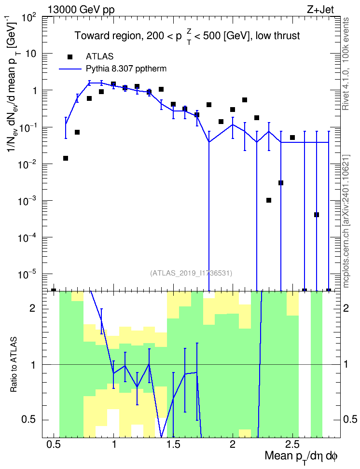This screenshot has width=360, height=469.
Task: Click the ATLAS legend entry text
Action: point(99,56)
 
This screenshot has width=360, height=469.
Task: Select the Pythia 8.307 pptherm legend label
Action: point(126,69)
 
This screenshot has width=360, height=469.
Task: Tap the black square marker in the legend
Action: point(70,57)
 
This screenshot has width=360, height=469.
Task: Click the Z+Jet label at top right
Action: point(320,10)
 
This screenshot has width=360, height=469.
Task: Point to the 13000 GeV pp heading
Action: point(81,10)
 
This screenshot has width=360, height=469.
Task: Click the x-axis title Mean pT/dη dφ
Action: point(301,456)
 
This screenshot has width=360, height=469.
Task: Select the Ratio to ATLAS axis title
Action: point(14,364)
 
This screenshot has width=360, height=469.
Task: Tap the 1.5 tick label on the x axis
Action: point(173,444)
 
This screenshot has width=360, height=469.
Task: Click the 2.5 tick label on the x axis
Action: point(292,444)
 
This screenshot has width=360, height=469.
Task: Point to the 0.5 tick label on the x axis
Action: point(54,444)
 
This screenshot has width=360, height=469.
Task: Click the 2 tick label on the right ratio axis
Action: point(346,308)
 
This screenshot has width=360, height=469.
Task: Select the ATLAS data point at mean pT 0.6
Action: point(66,158)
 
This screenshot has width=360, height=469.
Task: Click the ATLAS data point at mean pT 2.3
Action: point(269,200)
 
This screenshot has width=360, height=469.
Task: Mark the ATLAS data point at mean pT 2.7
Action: point(317,215)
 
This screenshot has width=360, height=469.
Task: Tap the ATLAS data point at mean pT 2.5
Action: point(292,138)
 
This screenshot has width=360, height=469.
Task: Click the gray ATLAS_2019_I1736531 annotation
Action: point(191,273)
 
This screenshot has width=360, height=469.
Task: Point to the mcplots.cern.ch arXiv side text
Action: point(346,221)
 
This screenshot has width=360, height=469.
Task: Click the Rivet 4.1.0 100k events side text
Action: point(346,64)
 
